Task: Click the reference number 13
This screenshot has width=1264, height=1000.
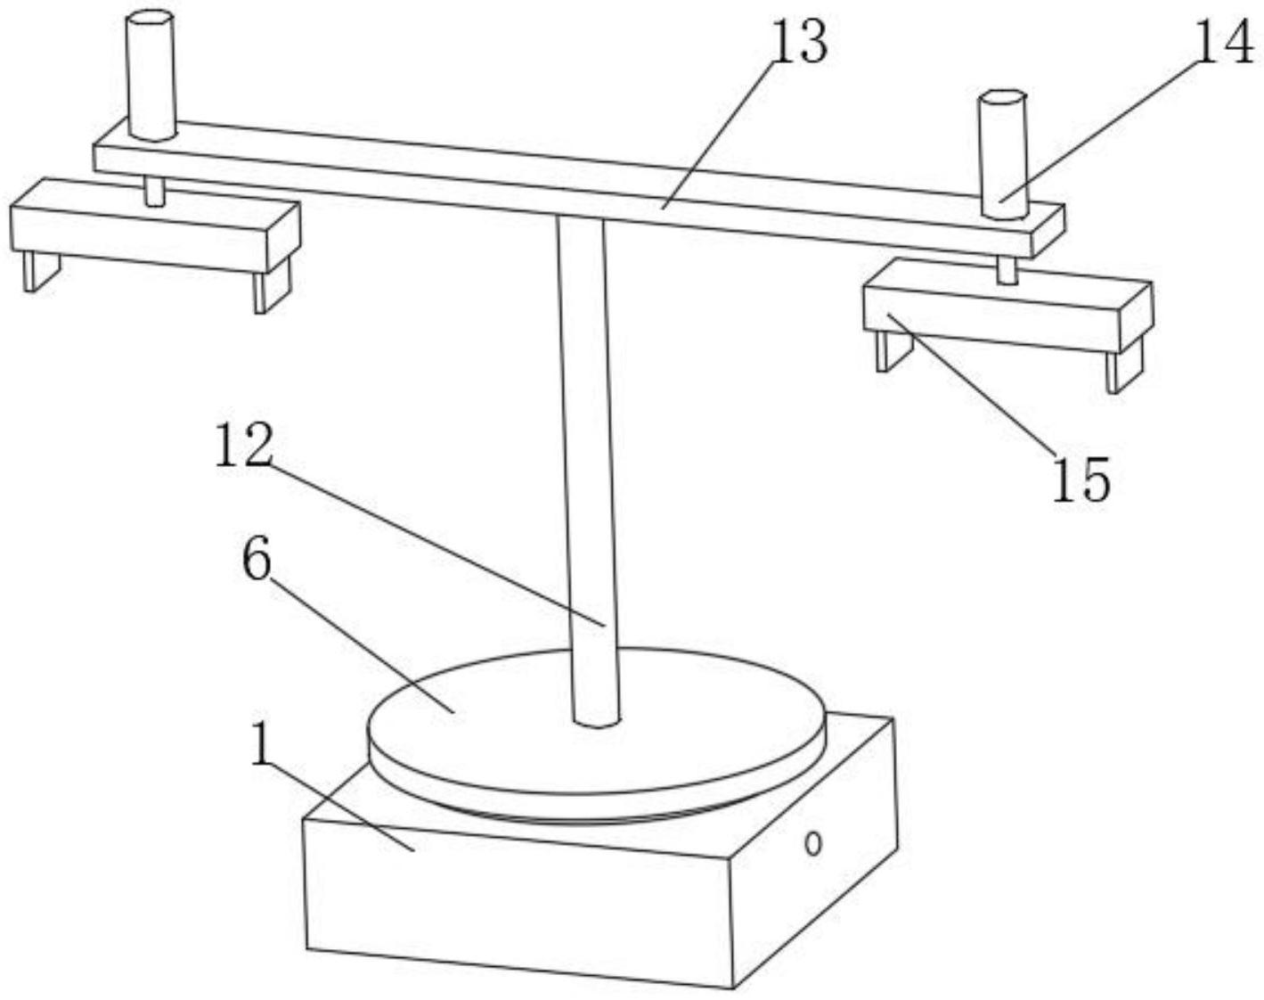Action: tap(799, 42)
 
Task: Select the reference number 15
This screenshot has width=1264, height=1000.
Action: tap(1081, 479)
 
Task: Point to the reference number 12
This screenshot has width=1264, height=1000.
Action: tap(242, 446)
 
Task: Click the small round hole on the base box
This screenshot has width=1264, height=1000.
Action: tap(812, 842)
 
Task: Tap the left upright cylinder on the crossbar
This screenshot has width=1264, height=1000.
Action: tap(151, 76)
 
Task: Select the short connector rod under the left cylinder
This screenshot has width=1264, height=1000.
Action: tap(154, 191)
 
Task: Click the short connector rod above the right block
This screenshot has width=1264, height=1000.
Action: tap(1007, 270)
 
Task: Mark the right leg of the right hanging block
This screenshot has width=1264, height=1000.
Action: tap(1122, 369)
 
